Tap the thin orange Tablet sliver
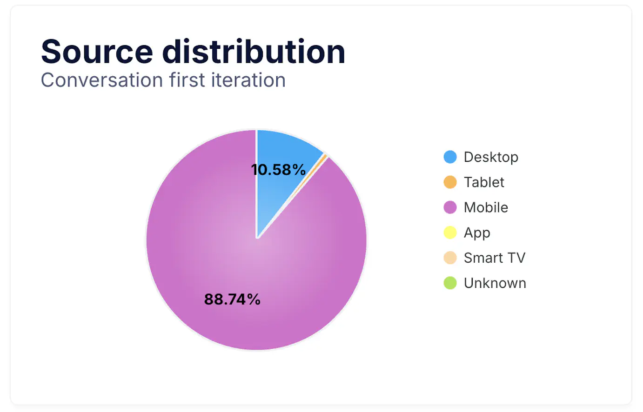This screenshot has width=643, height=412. point(325,156)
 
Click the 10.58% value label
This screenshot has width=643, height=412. point(278,170)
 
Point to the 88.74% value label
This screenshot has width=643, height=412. point(232,299)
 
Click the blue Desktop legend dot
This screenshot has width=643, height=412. point(450,157)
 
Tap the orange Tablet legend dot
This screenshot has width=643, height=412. point(450,182)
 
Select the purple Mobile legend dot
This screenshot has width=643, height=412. point(450,207)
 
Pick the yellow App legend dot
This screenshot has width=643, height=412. point(450,233)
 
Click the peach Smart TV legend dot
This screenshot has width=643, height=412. point(450,258)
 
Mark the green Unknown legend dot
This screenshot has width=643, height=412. point(450,283)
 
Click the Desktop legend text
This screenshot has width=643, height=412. point(491,157)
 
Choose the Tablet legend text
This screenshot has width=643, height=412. point(484,182)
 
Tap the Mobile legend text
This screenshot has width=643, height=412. point(486,207)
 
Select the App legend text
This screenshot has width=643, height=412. point(477,233)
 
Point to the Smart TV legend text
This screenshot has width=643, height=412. point(494,258)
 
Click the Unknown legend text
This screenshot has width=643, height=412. point(495,283)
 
